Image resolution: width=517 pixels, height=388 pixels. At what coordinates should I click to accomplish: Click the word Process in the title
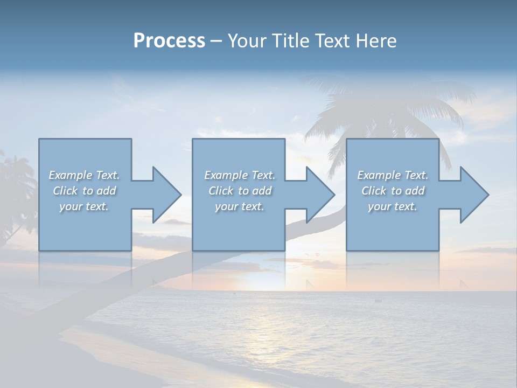click(169, 41)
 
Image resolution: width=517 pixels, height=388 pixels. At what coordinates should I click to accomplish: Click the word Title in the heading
click(290, 41)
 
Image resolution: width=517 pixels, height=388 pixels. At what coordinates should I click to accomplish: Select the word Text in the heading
click(332, 41)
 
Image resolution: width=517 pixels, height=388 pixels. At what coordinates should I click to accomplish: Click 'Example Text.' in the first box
click(84, 175)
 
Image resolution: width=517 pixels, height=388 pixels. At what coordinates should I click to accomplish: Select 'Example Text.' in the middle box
click(240, 175)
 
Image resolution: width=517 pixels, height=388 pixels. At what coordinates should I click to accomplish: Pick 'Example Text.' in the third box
click(393, 175)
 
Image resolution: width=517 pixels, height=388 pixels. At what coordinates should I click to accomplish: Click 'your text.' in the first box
click(84, 206)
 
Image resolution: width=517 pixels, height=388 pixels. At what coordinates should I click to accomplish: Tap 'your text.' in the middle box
click(240, 206)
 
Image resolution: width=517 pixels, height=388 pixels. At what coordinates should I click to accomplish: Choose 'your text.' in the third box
click(393, 206)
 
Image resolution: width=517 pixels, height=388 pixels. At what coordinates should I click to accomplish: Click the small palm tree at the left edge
click(13, 189)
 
